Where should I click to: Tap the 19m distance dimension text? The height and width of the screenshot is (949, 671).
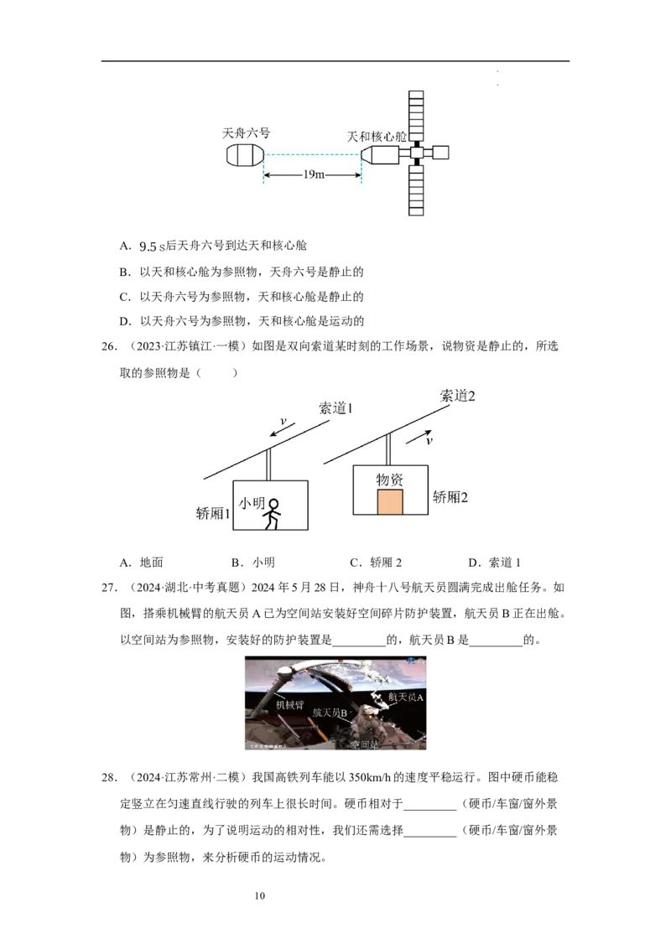tap(313, 175)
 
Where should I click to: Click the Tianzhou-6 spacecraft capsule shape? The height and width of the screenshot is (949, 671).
tap(245, 156)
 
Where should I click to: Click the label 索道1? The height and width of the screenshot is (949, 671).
tap(337, 409)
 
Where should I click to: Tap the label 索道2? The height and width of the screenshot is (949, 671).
tap(458, 396)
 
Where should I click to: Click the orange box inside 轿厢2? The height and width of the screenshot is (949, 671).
tap(390, 502)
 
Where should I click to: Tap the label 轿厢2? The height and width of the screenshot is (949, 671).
tap(450, 497)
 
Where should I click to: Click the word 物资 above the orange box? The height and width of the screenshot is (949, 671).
tap(389, 480)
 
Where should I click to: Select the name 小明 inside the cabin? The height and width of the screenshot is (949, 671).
tap(252, 503)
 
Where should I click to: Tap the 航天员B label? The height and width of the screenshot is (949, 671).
tap(330, 712)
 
